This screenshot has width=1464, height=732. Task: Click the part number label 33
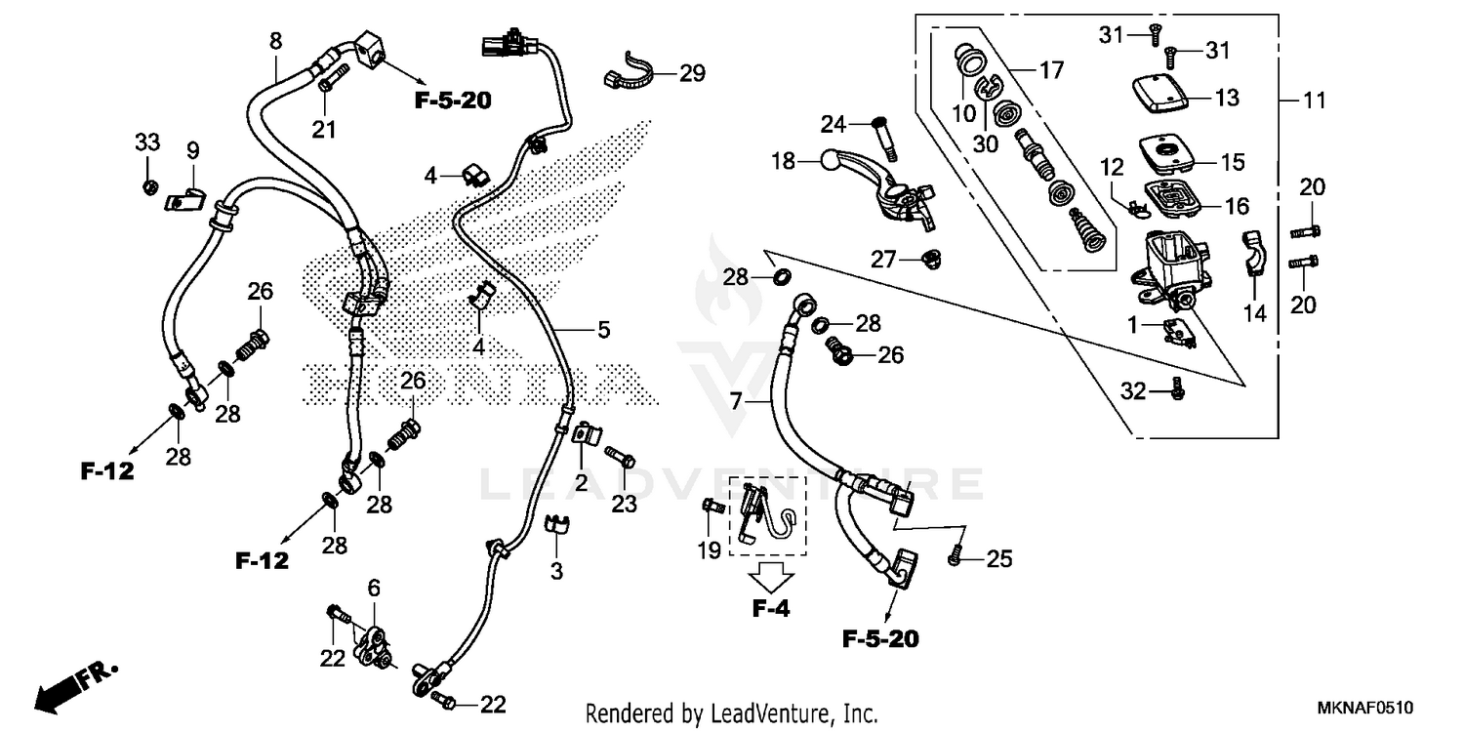point(146,142)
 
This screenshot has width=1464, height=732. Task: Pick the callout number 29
point(692,73)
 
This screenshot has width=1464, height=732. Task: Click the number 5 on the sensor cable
point(604,330)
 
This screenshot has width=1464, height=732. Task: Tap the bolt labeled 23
point(620,456)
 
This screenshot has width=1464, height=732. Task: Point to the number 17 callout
point(1050,70)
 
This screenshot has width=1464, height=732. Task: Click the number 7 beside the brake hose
point(736,400)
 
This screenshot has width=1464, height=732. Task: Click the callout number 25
point(999,559)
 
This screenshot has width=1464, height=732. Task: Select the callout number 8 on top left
point(276,41)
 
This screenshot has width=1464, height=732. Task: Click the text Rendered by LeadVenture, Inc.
point(731,712)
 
